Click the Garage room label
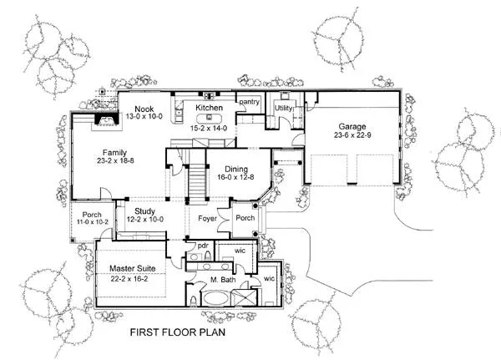coord(352,127)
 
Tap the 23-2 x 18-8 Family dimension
coord(115,160)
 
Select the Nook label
coord(144,109)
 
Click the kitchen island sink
coord(210,117)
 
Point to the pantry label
coord(249,102)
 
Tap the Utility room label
coord(283,109)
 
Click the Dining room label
coord(236,169)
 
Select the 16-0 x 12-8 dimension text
coord(235,177)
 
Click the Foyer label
coord(207,219)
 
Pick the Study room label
coord(144,211)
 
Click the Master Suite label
coord(133,269)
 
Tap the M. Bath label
coord(223,280)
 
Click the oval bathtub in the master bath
coord(216,299)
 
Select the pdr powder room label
coord(203,246)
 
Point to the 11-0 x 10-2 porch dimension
coord(93,221)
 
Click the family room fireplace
coord(107,120)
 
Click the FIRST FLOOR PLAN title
coord(178,332)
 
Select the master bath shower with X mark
coord(244,298)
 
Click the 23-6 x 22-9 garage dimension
coord(352,135)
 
